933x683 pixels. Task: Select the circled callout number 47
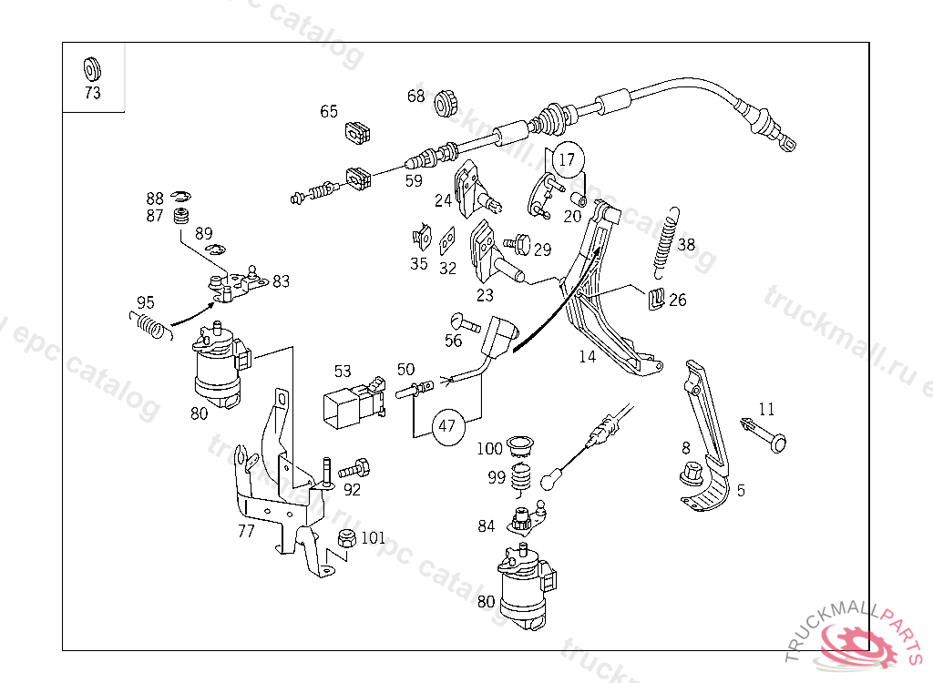coord(446,425)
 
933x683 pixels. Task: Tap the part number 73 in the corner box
coord(92,93)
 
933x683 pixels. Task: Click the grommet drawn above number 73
coord(92,68)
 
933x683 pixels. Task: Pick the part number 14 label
coord(587,356)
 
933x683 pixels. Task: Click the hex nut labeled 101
coord(345,538)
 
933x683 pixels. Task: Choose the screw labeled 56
coord(465,321)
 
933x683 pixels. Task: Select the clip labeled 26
coord(654,299)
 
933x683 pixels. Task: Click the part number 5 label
coord(741,490)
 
